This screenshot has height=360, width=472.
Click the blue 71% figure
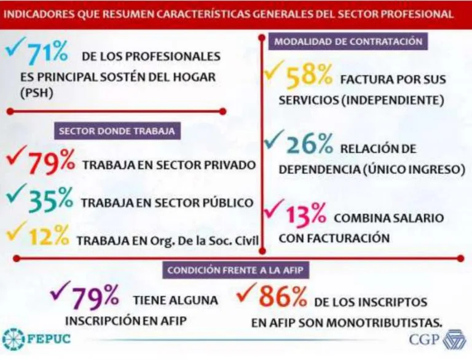point(47,54)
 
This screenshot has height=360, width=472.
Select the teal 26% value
point(308,146)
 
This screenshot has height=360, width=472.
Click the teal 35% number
point(52,200)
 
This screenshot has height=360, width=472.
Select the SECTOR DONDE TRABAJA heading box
point(117,131)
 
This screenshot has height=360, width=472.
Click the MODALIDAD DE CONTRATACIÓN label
point(348,42)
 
